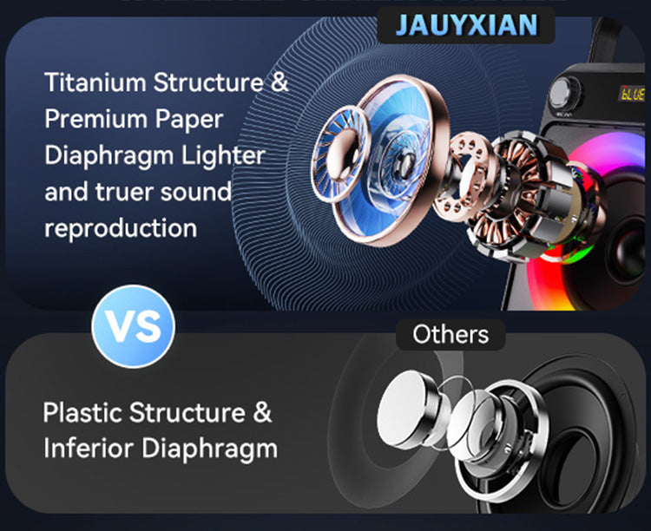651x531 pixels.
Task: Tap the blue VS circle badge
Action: click(x=134, y=326)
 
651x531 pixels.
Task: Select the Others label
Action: click(x=450, y=334)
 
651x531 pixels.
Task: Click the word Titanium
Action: click(x=95, y=84)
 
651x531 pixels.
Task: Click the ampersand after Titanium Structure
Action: click(x=279, y=84)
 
